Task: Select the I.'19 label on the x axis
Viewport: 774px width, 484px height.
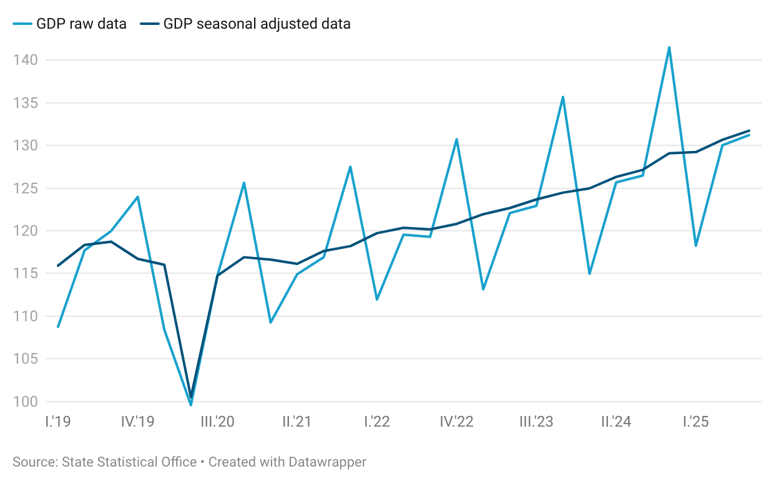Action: (57, 422)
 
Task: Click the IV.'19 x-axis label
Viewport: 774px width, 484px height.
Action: (137, 422)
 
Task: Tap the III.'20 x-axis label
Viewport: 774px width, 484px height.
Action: (217, 422)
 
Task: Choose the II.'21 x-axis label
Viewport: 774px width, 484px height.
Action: (297, 422)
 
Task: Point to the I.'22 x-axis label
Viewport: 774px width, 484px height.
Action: (377, 422)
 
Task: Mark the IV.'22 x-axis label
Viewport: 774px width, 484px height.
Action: (456, 422)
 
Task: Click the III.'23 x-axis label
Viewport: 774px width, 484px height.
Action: (536, 422)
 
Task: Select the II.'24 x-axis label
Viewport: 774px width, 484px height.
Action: (616, 422)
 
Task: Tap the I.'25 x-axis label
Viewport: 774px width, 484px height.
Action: (695, 422)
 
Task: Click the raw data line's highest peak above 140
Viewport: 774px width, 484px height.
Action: (669, 47)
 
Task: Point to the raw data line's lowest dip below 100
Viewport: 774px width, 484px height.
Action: (190, 405)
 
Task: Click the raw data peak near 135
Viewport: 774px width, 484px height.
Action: (563, 97)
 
